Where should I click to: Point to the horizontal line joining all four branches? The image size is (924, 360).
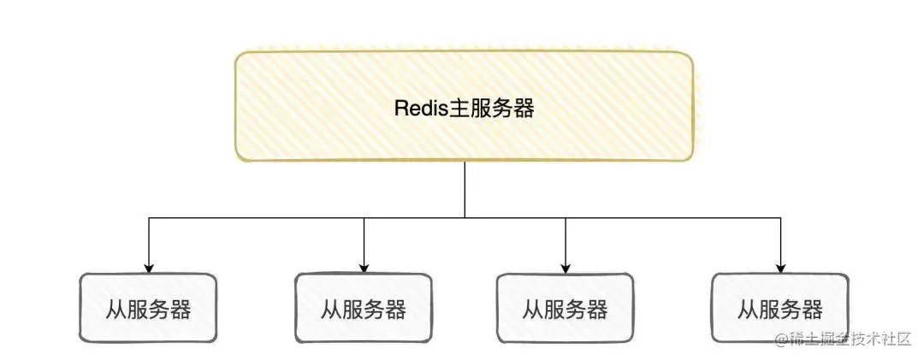257,218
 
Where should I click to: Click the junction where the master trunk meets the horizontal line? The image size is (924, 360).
465,218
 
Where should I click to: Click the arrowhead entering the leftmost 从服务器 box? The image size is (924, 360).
150,268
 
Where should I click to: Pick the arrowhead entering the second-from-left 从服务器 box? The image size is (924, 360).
364,268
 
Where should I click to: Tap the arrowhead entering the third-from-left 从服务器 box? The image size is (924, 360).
566,268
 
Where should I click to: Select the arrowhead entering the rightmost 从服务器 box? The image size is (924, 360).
780,268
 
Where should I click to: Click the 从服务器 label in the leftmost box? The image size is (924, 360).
149,309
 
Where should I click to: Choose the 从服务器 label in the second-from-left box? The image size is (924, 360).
364,309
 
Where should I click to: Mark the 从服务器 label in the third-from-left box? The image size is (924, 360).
566,309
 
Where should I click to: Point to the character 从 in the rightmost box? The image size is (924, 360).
749,309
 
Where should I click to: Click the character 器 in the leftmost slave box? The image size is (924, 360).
181,309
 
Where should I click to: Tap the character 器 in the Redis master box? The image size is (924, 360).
524,109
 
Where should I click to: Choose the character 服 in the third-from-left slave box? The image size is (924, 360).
554,309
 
